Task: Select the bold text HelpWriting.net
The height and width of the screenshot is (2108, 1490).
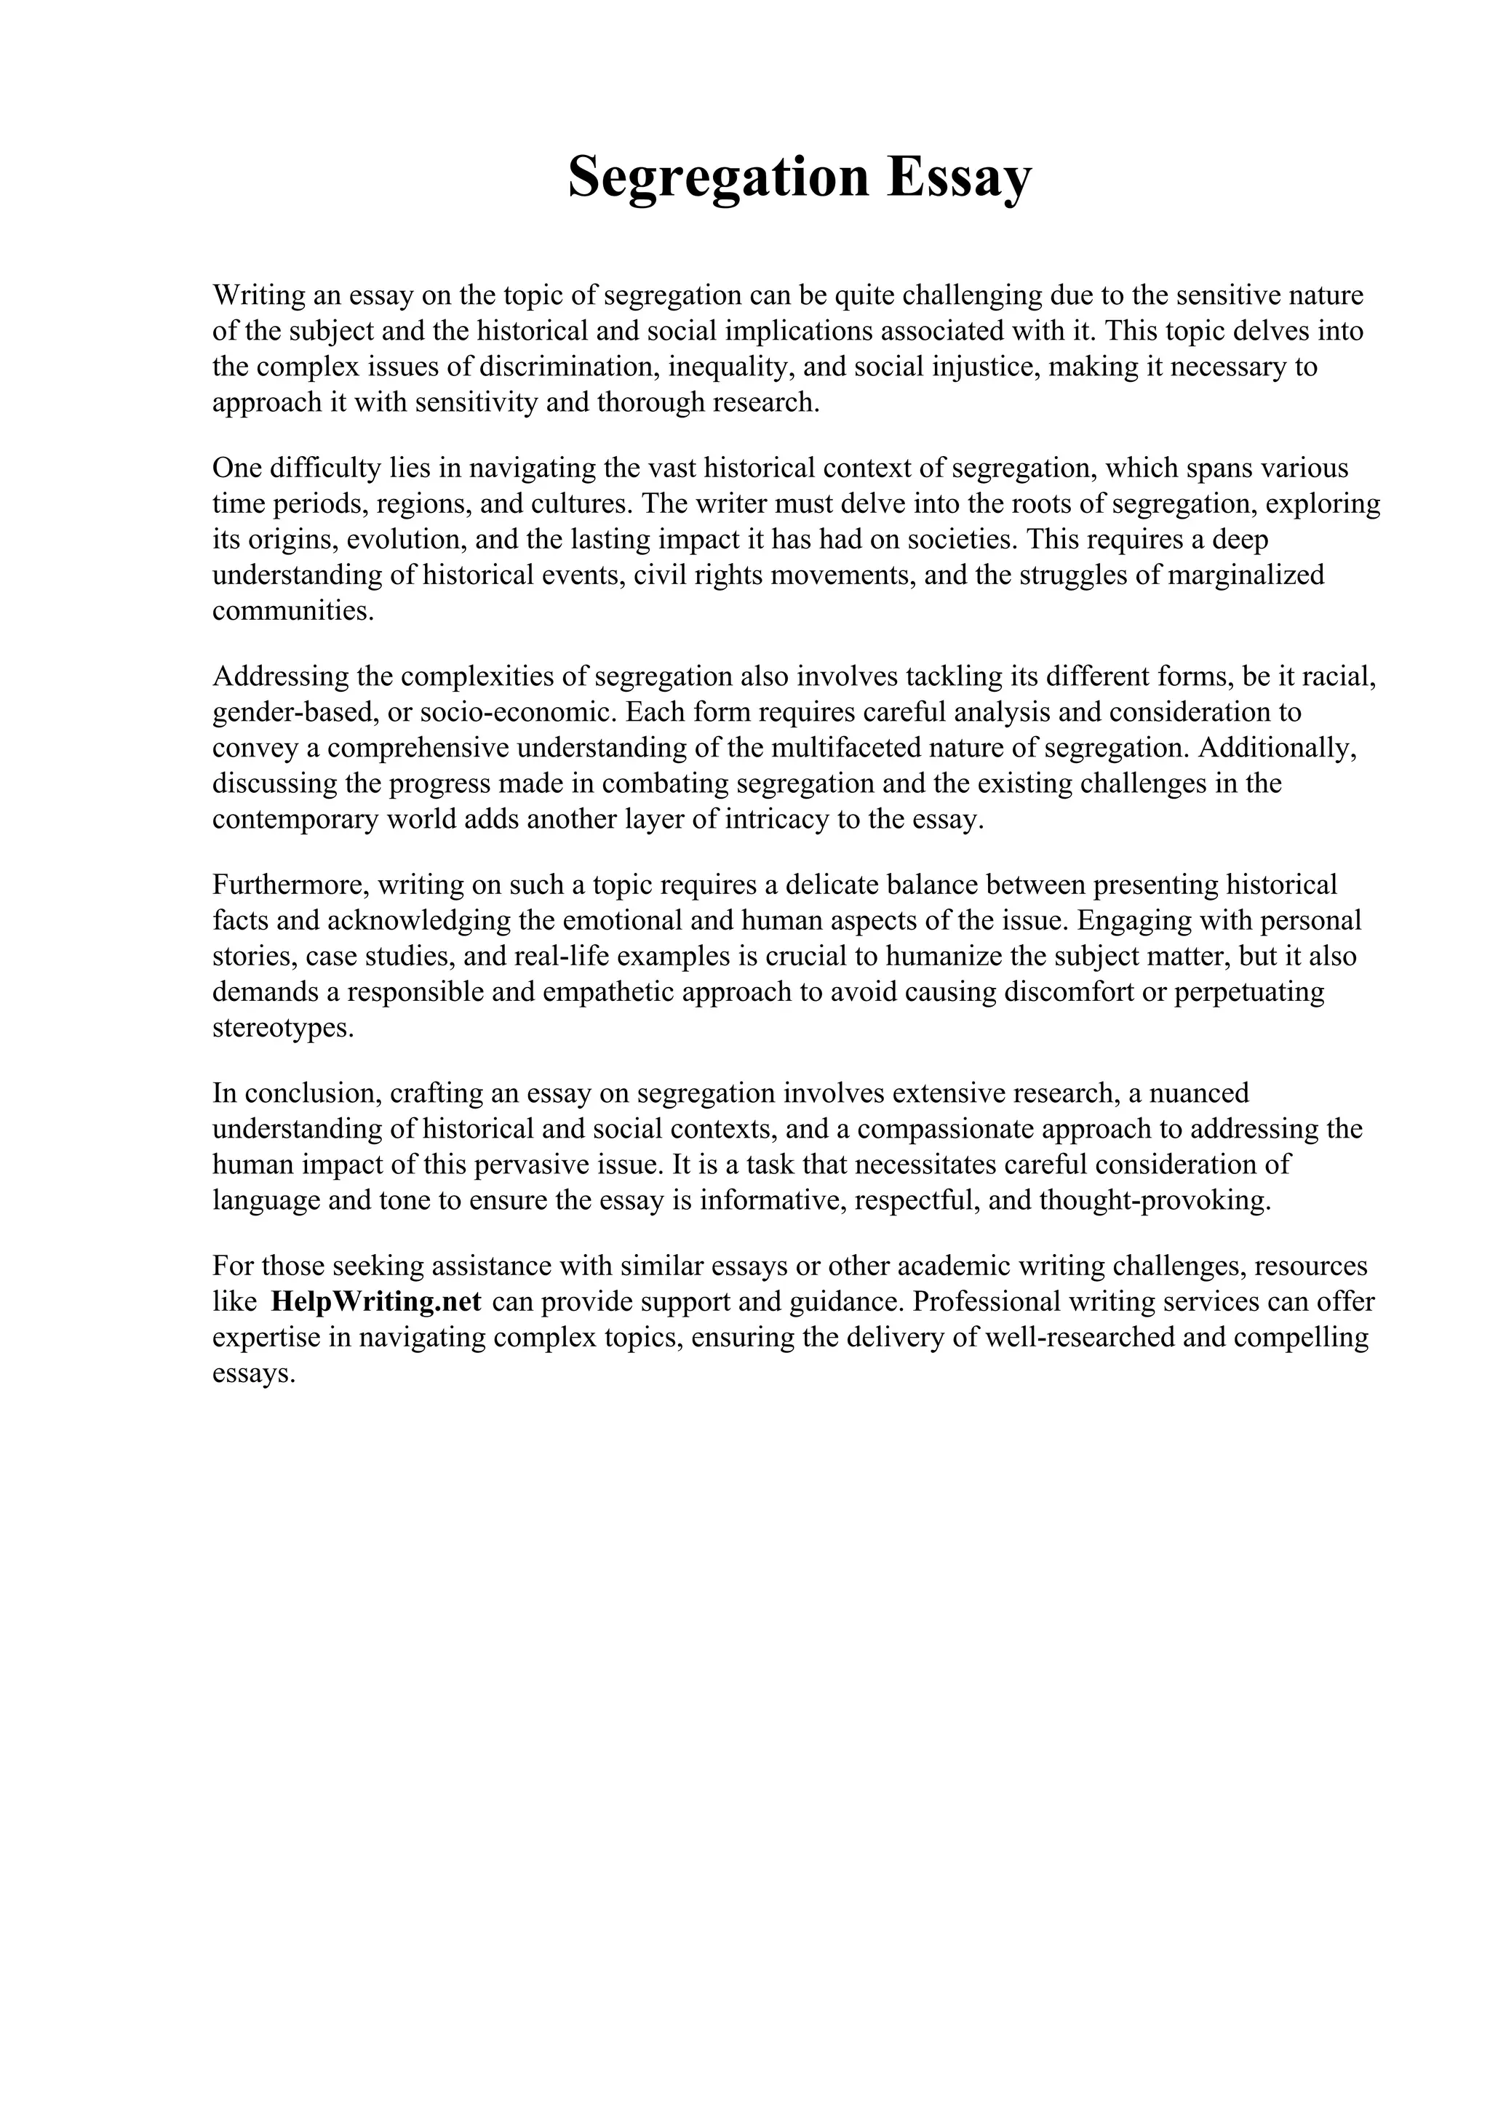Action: click(376, 1302)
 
